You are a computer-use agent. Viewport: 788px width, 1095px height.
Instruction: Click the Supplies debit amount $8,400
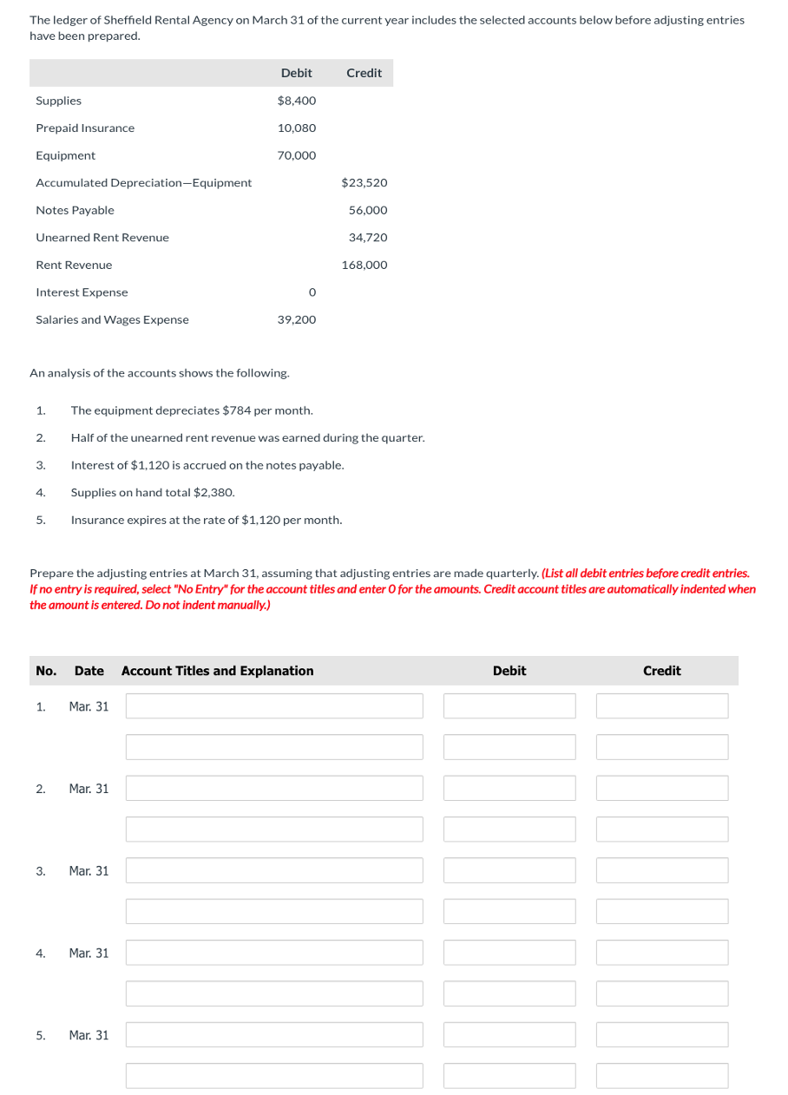pyautogui.click(x=297, y=101)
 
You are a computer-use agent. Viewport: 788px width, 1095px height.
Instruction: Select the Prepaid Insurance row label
pyautogui.click(x=85, y=128)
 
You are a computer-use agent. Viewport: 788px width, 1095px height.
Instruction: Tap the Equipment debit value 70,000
pyautogui.click(x=297, y=156)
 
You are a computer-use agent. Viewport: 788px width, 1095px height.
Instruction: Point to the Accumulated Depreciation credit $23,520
pyautogui.click(x=364, y=183)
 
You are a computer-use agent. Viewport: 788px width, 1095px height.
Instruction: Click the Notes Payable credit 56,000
pyautogui.click(x=368, y=211)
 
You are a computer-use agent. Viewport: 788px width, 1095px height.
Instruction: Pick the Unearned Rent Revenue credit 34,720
pyautogui.click(x=368, y=238)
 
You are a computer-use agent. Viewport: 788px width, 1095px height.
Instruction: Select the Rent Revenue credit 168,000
pyautogui.click(x=364, y=266)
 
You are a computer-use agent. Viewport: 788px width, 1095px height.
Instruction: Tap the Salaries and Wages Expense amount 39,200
pyautogui.click(x=297, y=320)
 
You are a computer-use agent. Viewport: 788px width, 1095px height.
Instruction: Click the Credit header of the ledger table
pyautogui.click(x=364, y=73)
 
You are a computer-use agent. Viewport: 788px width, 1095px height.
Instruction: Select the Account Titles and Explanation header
pyautogui.click(x=218, y=671)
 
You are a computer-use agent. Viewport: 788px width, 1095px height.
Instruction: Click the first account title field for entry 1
pyautogui.click(x=274, y=706)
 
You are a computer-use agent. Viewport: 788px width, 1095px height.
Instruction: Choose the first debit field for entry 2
pyautogui.click(x=509, y=789)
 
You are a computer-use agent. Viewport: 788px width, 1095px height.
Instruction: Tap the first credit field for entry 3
pyautogui.click(x=662, y=870)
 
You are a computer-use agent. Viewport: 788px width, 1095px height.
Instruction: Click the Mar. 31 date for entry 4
pyautogui.click(x=89, y=953)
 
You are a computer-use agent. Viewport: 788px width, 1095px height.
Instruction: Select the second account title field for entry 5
pyautogui.click(x=274, y=1076)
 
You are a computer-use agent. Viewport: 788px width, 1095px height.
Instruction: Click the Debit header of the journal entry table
pyautogui.click(x=509, y=671)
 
